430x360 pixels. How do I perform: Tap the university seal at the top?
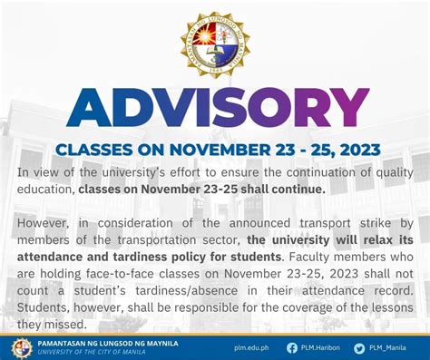tap(215, 44)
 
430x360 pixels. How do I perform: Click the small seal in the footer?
tap(21, 347)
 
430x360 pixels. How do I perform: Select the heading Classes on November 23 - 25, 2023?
tap(215, 150)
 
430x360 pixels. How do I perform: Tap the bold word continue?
tap(295, 190)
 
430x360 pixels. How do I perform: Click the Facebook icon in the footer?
tap(291, 347)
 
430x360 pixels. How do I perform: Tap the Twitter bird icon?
tap(359, 347)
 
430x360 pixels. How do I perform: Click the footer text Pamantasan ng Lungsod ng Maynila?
tap(108, 344)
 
